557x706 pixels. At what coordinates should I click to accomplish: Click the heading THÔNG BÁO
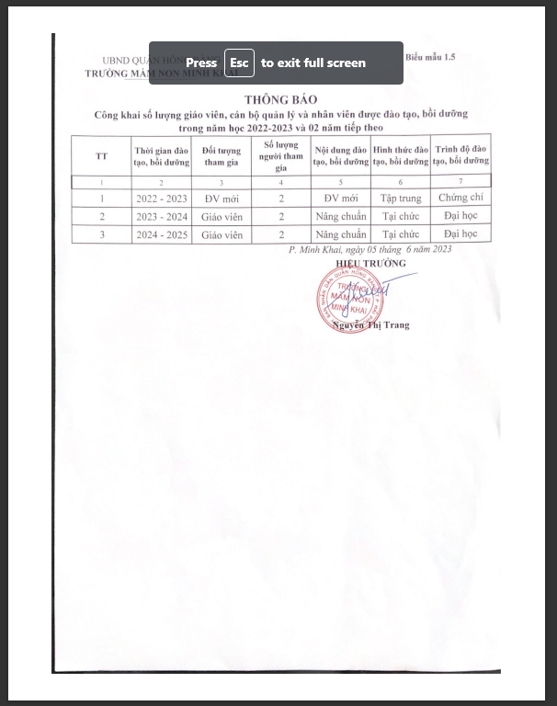[x=280, y=99]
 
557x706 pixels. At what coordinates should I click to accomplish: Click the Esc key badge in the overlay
[x=239, y=63]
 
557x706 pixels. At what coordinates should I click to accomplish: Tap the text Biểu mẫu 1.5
[x=429, y=57]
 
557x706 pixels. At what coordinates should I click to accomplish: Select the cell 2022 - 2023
[x=161, y=199]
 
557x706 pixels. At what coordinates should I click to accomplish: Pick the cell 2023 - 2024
[x=161, y=217]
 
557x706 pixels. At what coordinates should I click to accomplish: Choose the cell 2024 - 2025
[x=161, y=234]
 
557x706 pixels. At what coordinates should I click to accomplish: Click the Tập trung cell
[x=401, y=199]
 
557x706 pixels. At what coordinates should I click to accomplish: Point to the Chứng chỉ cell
[x=460, y=198]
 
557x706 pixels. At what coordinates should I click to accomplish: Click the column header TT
[x=101, y=155]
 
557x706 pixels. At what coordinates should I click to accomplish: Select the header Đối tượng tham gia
[x=222, y=155]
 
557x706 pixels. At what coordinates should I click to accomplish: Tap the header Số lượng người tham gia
[x=280, y=155]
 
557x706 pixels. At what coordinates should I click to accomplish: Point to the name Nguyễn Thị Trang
[x=371, y=325]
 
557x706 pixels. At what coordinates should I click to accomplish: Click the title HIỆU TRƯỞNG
[x=370, y=264]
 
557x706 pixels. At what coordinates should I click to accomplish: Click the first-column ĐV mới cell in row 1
[x=222, y=199]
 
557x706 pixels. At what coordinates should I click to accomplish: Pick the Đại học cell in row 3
[x=460, y=234]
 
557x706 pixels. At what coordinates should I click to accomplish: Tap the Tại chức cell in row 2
[x=401, y=217]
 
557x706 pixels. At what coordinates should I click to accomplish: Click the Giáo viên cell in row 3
[x=222, y=234]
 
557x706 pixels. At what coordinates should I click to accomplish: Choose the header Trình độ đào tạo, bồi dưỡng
[x=460, y=155]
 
